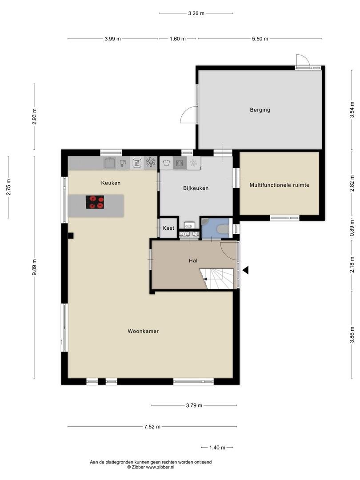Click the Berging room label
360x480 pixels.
(x=260, y=110)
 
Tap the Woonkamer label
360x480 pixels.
(x=143, y=331)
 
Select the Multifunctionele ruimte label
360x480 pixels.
(x=279, y=185)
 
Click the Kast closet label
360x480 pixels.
(x=168, y=228)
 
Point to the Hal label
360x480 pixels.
(x=193, y=260)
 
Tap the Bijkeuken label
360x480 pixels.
(x=196, y=188)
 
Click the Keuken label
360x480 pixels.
(x=111, y=183)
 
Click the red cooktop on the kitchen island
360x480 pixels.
(x=95, y=202)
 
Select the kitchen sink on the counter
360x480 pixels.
(x=110, y=163)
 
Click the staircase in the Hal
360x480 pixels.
(x=217, y=279)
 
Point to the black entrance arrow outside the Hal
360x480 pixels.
(x=245, y=270)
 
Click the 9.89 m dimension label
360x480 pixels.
(x=34, y=267)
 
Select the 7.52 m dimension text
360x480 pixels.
(x=152, y=427)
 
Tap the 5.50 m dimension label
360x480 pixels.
(x=260, y=39)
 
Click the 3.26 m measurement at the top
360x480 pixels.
(x=196, y=13)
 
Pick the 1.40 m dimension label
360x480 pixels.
(x=217, y=448)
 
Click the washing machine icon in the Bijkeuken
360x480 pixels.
(x=180, y=163)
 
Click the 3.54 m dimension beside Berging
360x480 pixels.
(x=352, y=110)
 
